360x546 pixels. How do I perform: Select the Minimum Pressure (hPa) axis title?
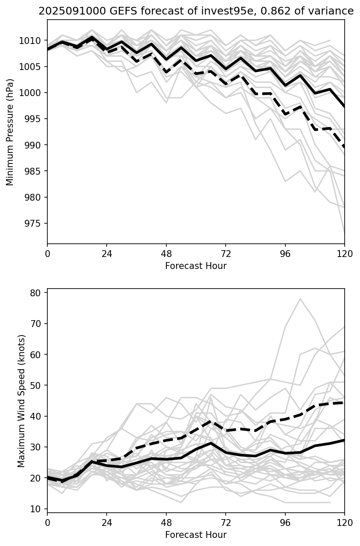click(10, 132)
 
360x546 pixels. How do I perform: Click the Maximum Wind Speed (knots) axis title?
click(21, 400)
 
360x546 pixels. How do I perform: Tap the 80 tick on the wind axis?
click(35, 293)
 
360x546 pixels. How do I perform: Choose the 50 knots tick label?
click(35, 385)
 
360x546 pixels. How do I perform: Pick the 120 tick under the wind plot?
click(344, 523)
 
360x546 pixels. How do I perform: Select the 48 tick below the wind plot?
click(166, 523)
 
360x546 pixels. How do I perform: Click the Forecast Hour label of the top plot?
click(196, 266)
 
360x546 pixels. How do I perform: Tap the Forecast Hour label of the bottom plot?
click(196, 535)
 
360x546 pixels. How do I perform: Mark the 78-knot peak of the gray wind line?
click(300, 299)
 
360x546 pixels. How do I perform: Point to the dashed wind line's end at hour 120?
click(344, 403)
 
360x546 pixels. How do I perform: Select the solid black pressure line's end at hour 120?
click(344, 106)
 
